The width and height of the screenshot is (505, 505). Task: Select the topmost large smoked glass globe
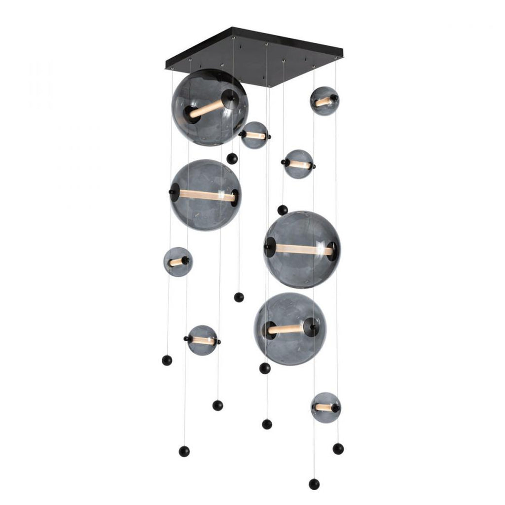tap(210, 107)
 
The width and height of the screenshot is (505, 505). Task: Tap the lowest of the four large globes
tap(290, 329)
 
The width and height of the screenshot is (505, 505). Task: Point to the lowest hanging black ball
tap(314, 484)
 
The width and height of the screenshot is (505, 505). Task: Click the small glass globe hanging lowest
tap(325, 407)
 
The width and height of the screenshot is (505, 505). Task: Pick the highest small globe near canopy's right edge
tap(324, 101)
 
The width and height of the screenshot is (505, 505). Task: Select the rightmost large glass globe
tap(302, 250)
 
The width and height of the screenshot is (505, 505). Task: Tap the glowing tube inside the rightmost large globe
tap(302, 250)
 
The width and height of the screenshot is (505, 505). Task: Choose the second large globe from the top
tap(206, 195)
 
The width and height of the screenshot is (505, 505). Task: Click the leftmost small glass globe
tap(178, 261)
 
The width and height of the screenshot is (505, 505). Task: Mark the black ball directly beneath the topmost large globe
tap(232, 158)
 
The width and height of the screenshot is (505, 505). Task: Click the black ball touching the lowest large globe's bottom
tap(265, 368)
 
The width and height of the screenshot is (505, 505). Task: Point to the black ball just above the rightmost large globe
tap(283, 210)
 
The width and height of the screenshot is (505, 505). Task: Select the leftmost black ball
tap(167, 360)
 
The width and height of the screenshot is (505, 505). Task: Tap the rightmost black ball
tap(338, 448)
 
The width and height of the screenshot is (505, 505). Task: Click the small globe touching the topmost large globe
tap(255, 135)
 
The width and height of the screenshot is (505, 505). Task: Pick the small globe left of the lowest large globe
tap(202, 340)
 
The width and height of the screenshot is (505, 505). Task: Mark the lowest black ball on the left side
tap(184, 451)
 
